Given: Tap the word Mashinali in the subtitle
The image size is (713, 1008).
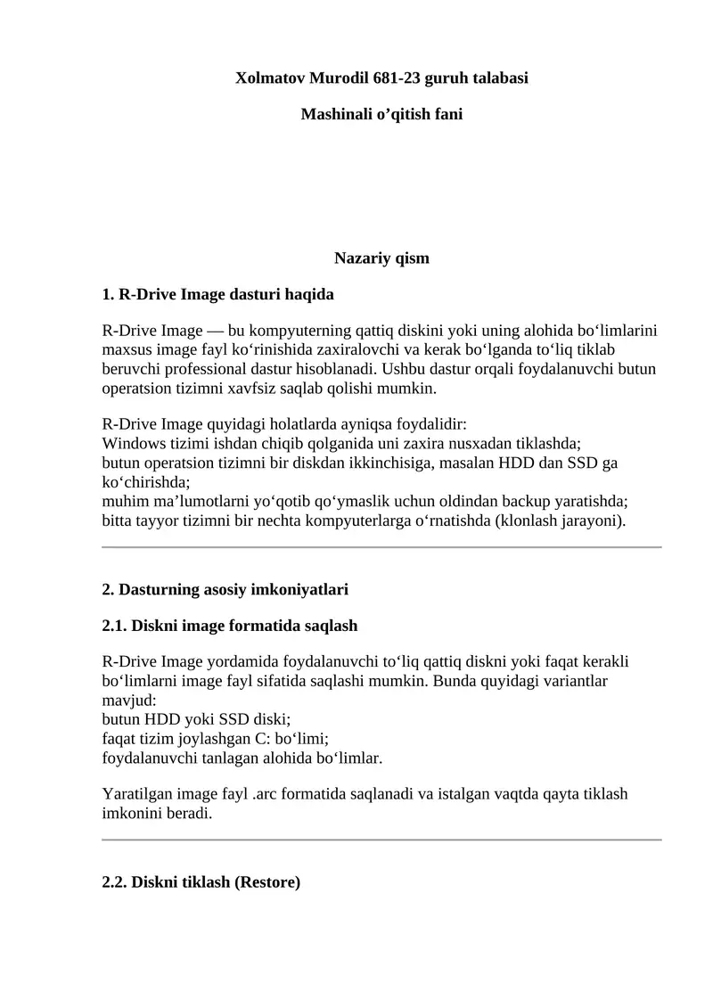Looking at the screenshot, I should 335,115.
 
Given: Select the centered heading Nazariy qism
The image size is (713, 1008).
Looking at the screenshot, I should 381,258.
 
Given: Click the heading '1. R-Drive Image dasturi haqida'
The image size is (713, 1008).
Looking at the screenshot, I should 218,294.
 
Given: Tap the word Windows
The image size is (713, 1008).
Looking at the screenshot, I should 131,443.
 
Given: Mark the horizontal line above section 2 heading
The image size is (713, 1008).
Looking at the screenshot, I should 381,547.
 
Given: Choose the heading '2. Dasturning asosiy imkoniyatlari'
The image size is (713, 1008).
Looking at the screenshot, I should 225,589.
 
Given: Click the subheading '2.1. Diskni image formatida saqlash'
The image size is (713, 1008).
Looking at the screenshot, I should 230,626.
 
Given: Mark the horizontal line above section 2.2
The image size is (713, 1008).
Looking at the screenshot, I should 381,840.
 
